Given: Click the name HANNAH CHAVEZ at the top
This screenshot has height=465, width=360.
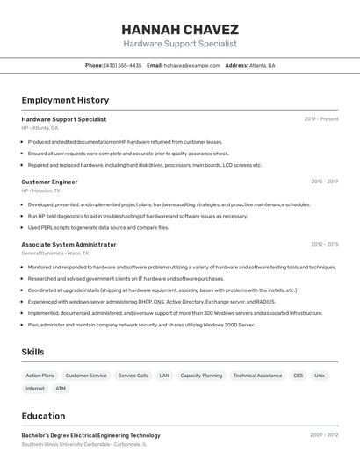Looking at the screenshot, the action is [x=179, y=28].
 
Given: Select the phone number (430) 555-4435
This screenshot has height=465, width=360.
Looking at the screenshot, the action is [x=123, y=65].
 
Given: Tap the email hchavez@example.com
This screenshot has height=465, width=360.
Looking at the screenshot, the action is [x=191, y=65].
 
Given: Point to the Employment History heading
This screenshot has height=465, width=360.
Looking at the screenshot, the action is [x=65, y=100].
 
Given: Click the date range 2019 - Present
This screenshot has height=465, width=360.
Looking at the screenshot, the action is [x=321, y=119].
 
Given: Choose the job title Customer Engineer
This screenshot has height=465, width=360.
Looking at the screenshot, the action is [x=49, y=182].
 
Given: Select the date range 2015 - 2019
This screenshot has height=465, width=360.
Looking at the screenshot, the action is [x=324, y=182].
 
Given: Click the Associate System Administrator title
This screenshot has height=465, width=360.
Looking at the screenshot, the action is [x=68, y=244].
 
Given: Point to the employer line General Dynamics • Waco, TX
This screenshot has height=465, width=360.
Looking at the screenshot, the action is [x=54, y=253].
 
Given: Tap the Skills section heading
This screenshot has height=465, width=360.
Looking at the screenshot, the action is [x=33, y=352].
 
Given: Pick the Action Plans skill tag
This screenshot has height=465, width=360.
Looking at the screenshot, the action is [x=40, y=376].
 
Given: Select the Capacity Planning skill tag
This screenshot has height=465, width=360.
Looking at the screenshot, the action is [x=201, y=376].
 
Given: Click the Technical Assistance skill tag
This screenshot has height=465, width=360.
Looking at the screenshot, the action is [x=257, y=376].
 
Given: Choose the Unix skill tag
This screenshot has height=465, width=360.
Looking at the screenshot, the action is [x=320, y=376].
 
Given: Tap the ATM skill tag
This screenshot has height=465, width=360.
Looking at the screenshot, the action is [x=61, y=388].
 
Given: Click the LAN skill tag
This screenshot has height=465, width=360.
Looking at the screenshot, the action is [x=164, y=376].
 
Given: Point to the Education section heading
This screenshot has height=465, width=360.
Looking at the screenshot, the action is [x=43, y=416].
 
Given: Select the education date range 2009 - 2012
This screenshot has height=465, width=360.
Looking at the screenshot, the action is [x=324, y=435].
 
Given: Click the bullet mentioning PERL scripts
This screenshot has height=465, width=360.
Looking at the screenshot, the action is [x=98, y=227].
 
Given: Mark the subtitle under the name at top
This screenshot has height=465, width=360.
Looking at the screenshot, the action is [x=179, y=44].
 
